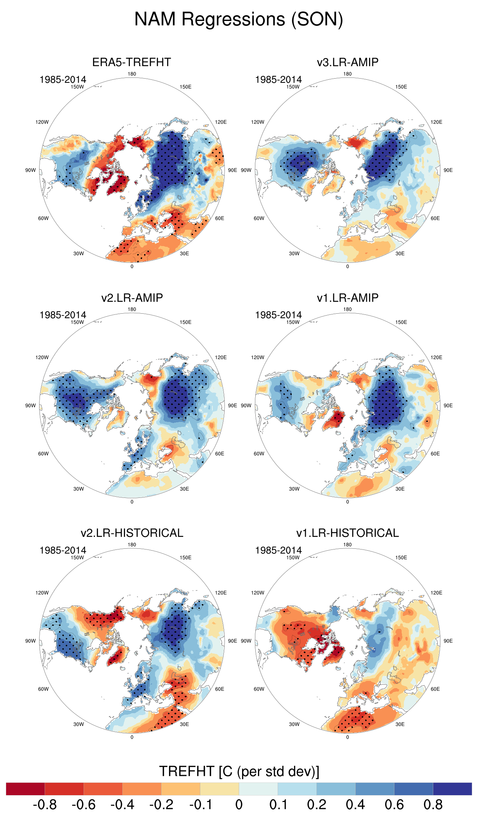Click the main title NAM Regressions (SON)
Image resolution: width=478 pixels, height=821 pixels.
(x=239, y=19)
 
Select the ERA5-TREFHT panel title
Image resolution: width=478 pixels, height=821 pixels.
(x=131, y=62)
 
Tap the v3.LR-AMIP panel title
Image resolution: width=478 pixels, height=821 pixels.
(x=347, y=62)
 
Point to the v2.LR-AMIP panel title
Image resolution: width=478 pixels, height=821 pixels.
(x=131, y=298)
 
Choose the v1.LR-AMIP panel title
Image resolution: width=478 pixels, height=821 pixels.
(x=347, y=298)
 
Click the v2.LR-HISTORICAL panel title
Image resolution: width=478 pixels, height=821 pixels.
(x=131, y=533)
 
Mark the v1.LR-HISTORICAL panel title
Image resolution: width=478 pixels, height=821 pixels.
(x=347, y=533)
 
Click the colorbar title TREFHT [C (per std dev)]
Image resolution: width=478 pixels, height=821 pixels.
(x=239, y=772)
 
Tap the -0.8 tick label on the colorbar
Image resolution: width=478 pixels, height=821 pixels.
(x=45, y=805)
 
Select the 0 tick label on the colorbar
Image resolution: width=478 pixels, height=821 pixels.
(x=239, y=805)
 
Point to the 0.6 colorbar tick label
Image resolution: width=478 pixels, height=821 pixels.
(x=394, y=805)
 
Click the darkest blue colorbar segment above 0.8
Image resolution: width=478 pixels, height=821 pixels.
(x=452, y=789)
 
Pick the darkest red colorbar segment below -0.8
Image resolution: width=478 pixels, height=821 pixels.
(x=25, y=789)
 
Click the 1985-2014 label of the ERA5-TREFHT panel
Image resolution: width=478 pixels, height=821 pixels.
(x=63, y=80)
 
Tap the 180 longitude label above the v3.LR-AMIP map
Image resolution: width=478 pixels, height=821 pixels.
(x=347, y=74)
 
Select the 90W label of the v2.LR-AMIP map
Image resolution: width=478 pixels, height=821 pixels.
(x=30, y=406)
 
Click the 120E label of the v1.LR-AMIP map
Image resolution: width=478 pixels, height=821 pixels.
(x=436, y=357)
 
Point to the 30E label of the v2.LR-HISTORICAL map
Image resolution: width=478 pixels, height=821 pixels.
(x=184, y=724)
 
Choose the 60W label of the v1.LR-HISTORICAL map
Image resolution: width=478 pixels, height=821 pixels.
(x=259, y=689)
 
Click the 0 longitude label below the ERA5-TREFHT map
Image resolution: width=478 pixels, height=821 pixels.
(x=132, y=267)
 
